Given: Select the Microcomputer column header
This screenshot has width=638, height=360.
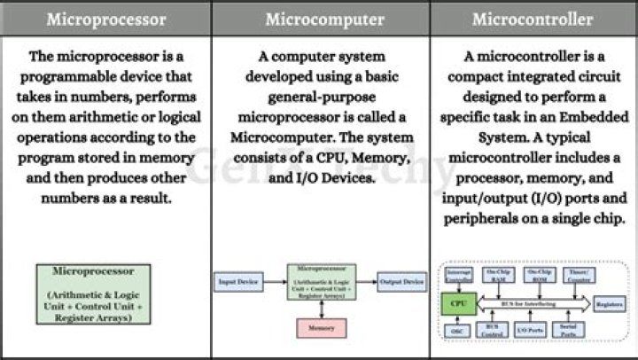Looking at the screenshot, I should coord(319,19).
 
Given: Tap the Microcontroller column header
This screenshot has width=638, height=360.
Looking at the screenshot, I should coord(533,19).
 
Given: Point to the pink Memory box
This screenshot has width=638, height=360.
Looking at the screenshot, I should coord(321,327).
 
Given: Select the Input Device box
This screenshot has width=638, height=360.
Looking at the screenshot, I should coord(239,282).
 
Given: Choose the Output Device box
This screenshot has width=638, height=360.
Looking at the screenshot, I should coord(402,282).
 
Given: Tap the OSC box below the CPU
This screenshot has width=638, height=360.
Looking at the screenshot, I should coord(458,330).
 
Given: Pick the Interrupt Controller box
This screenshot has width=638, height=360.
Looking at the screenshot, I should coord(458,274).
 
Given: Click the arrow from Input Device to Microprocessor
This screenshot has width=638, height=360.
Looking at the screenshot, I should coord(275,282).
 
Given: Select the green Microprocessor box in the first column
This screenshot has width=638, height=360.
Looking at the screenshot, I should coord(93,293).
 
